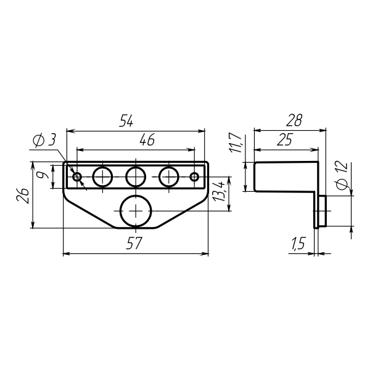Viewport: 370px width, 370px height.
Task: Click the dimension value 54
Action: [x=126, y=121]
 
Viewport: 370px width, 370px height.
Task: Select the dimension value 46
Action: [x=147, y=139]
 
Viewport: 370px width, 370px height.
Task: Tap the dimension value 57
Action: [x=134, y=243]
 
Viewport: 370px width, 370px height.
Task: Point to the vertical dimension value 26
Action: [x=23, y=196]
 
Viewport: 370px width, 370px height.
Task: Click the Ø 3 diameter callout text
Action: [x=44, y=140]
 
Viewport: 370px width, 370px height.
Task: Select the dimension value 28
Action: [x=294, y=120]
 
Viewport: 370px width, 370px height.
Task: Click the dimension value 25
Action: [x=285, y=139]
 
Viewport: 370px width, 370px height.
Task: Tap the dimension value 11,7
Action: [x=236, y=143]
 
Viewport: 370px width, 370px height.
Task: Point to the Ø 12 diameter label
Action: [x=343, y=176]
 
